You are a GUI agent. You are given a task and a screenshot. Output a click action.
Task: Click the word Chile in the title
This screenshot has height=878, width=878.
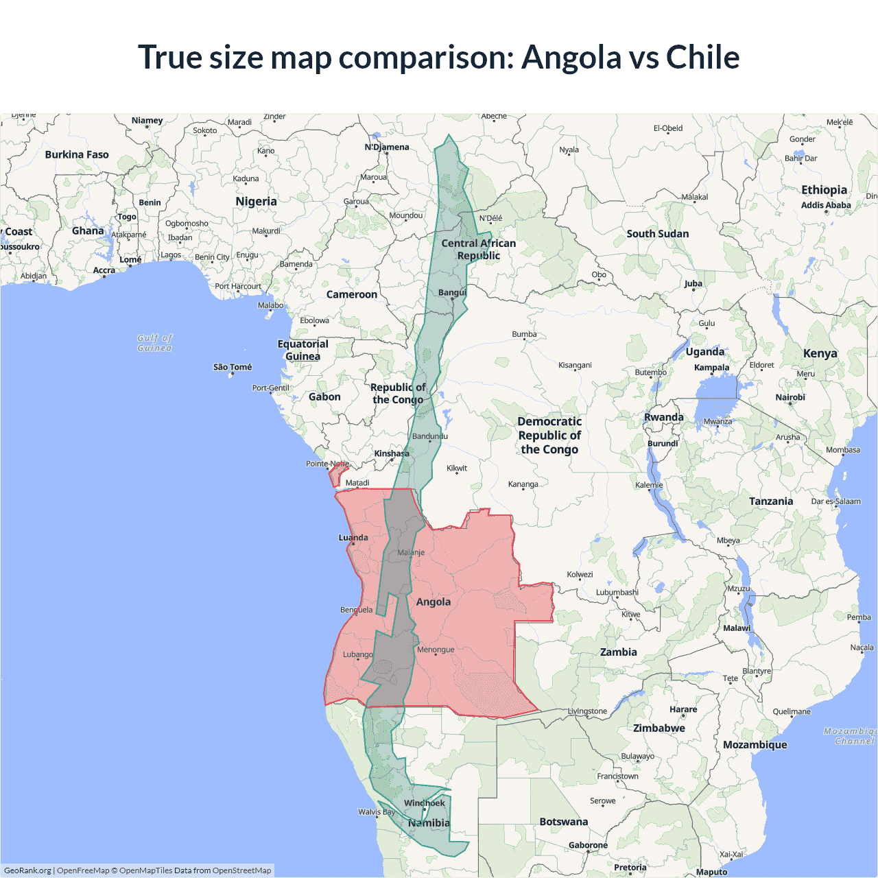[x=702, y=58]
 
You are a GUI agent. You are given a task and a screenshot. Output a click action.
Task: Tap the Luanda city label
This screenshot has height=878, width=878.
[x=353, y=538]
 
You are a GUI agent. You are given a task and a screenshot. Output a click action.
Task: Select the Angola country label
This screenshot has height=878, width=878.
[x=434, y=602]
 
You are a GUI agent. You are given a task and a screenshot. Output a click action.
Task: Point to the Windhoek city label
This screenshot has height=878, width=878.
[x=425, y=803]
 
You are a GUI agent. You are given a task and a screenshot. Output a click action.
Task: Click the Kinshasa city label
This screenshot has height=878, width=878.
[x=392, y=453]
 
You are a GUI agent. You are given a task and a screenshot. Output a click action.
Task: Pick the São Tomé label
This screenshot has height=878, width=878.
[x=233, y=367]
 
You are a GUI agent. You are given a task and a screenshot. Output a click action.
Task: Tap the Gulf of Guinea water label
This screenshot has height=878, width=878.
[x=155, y=343]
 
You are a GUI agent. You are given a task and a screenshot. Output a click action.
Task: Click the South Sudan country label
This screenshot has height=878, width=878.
[x=657, y=234]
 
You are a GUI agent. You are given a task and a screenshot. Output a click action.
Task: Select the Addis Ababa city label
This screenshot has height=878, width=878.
[x=826, y=205]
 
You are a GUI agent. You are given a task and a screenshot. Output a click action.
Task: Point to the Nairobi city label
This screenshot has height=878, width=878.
[x=790, y=397]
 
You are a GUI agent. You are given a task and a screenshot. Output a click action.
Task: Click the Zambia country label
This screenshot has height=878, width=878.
[x=619, y=652]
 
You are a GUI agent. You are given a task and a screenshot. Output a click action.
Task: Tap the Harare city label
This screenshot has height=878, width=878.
[x=683, y=709]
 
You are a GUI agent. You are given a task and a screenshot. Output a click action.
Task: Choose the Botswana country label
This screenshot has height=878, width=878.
[x=564, y=822]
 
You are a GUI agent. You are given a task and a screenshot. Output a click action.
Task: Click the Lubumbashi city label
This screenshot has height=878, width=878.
[x=617, y=592]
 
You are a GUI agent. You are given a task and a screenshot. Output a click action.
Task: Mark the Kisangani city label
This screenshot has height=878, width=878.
[x=575, y=365]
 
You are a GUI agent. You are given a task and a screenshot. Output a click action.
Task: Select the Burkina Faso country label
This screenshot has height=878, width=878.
[x=77, y=155]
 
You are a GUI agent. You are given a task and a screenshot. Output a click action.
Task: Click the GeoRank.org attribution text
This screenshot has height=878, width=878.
[x=27, y=870]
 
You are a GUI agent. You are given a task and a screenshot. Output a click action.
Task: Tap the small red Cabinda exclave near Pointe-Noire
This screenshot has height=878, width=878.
[x=338, y=474]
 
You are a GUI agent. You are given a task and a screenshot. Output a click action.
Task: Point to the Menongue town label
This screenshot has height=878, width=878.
[x=436, y=650]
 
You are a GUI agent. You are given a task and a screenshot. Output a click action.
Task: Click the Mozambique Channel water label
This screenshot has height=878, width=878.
[x=851, y=736]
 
